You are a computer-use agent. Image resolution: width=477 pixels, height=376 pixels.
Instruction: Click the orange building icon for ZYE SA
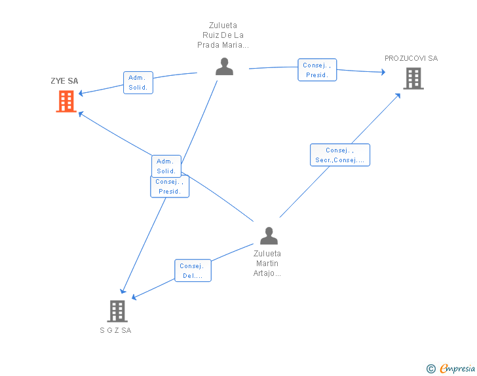(x=66, y=101)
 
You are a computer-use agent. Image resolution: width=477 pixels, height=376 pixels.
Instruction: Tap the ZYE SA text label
(x=64, y=81)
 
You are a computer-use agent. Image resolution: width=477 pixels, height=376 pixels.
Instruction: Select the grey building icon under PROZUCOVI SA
(x=413, y=78)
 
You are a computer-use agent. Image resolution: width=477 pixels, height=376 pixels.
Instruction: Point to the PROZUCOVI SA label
(x=411, y=58)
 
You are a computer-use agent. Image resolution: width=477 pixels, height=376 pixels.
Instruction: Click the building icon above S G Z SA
(x=117, y=311)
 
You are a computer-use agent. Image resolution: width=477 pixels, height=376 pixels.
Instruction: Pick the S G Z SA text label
(x=115, y=330)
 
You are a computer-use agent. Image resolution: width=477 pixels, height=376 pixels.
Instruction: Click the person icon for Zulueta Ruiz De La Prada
(x=224, y=66)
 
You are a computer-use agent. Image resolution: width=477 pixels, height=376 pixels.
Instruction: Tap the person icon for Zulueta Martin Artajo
(x=269, y=235)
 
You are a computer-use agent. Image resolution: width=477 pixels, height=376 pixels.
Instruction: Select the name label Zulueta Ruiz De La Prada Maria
(x=223, y=35)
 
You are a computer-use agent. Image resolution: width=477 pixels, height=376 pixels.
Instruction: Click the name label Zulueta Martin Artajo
(x=267, y=264)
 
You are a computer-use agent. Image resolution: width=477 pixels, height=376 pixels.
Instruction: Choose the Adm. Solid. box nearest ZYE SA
(x=138, y=82)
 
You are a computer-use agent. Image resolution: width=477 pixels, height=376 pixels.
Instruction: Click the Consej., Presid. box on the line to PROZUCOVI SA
(x=317, y=70)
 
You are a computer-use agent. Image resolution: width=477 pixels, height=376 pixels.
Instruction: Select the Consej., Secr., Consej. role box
(x=340, y=155)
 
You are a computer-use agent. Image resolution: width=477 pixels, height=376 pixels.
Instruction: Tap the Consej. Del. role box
(x=193, y=270)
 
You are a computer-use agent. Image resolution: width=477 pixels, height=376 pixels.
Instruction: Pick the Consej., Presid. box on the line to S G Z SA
(x=170, y=187)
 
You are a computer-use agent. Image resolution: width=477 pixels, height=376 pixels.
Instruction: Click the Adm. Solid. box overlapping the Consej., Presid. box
(x=166, y=166)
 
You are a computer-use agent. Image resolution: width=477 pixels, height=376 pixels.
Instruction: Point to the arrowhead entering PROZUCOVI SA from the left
(x=383, y=72)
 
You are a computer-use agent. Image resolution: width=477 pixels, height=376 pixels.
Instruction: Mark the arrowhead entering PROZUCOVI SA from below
(x=397, y=96)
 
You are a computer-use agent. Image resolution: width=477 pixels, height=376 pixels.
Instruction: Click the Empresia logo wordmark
(x=457, y=369)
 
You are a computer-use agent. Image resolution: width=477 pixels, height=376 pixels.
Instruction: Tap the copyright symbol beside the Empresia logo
(x=431, y=369)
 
